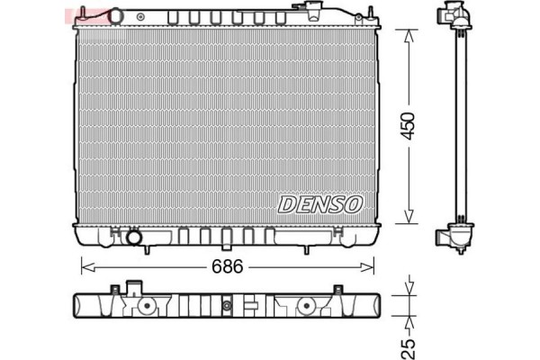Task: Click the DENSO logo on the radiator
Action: [x=320, y=204]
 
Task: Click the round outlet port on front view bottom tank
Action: [x=135, y=238]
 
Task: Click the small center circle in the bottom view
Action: [x=227, y=309]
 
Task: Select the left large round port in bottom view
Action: [x=145, y=305]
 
